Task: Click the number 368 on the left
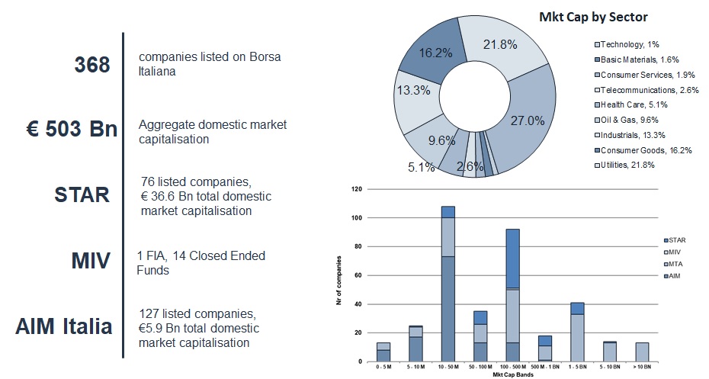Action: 92,66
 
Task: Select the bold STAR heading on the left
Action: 82,195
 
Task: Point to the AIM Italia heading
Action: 64,326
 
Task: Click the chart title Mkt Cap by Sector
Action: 603,17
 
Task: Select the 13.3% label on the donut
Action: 413,90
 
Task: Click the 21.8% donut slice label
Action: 500,44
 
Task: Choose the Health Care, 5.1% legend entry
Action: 630,104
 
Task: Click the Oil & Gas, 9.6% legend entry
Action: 629,120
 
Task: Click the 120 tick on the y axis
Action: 356,188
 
